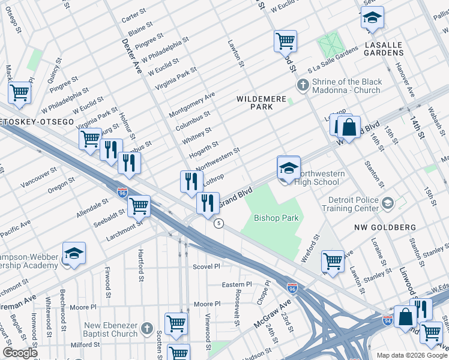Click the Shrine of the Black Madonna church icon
coord(303,86)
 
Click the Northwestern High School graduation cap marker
coord(288,169)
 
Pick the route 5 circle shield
coord(219,223)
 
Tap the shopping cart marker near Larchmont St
coord(139,207)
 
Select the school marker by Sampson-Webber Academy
coord(74,254)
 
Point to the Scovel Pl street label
coord(206,266)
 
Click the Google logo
coord(20,353)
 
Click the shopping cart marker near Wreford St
coord(333,261)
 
